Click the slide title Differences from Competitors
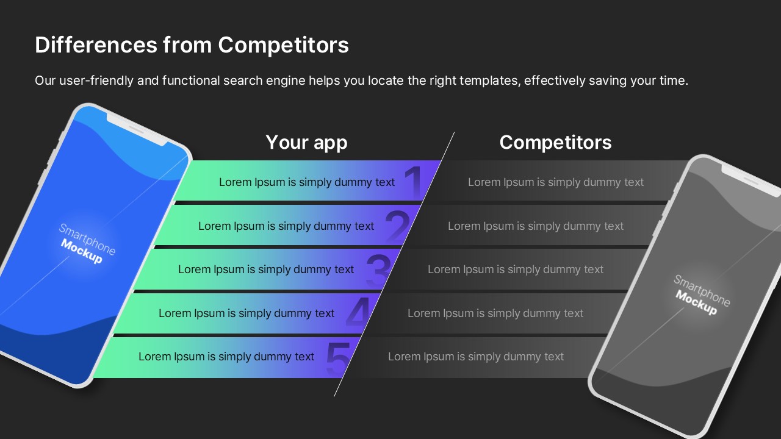pos(192,45)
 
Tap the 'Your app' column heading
pos(306,143)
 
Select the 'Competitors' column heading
pos(555,142)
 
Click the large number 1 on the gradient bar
pos(414,181)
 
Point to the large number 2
pos(397,226)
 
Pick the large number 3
pos(378,269)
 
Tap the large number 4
pos(358,312)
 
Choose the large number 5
pos(338,357)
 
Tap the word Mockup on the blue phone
pos(82,251)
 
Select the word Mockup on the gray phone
pos(696,302)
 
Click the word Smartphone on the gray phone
pos(702,291)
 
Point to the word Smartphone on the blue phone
pos(87,239)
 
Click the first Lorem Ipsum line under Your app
pos(307,182)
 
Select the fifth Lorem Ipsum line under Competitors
pos(476,357)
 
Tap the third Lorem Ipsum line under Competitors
pos(516,269)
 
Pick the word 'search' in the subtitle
pos(243,80)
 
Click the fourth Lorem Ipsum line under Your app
pos(247,313)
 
